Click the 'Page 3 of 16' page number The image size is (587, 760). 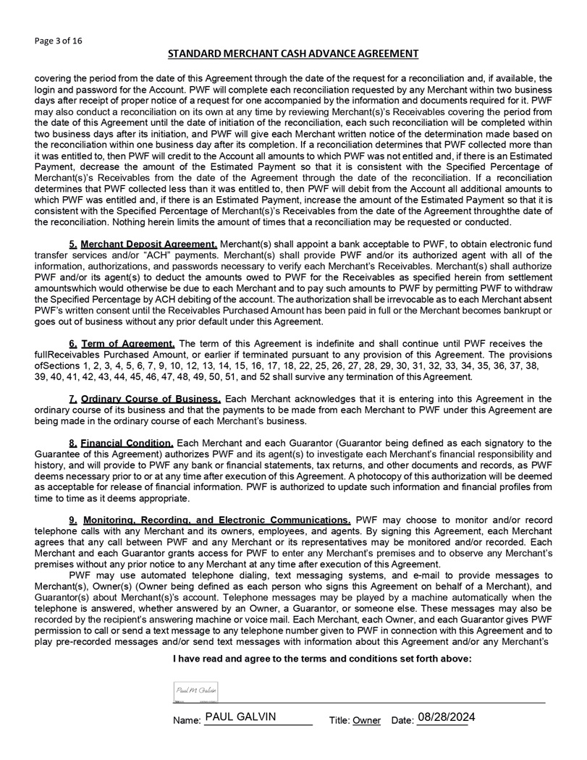point(59,41)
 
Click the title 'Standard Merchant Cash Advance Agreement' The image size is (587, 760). point(293,54)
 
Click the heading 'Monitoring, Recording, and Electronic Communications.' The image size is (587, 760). point(217,520)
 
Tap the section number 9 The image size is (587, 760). point(73,520)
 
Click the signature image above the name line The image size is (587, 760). point(196,691)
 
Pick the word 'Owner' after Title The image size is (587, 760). point(366,722)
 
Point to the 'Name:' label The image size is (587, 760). point(187,722)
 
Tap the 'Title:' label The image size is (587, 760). point(339,722)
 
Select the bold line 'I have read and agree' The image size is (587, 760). point(322,659)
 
